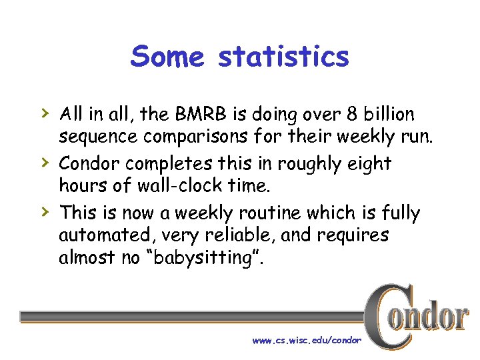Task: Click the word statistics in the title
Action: point(283,57)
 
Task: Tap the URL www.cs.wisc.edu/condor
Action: point(306,340)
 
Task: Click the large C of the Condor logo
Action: point(386,317)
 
